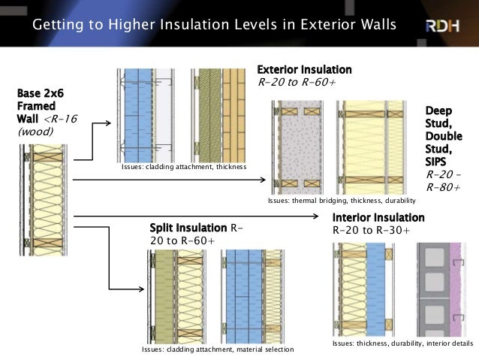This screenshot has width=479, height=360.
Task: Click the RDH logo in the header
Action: pyautogui.click(x=445, y=26)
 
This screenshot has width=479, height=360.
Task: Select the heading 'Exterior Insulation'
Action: pyautogui.click(x=304, y=70)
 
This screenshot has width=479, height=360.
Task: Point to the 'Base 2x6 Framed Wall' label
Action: pyautogui.click(x=37, y=106)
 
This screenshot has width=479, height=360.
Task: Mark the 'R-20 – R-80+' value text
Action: pyautogui.click(x=442, y=181)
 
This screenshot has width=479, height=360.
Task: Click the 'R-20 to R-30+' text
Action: pyautogui.click(x=371, y=230)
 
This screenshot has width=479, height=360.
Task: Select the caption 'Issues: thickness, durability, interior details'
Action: pyautogui.click(x=402, y=343)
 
